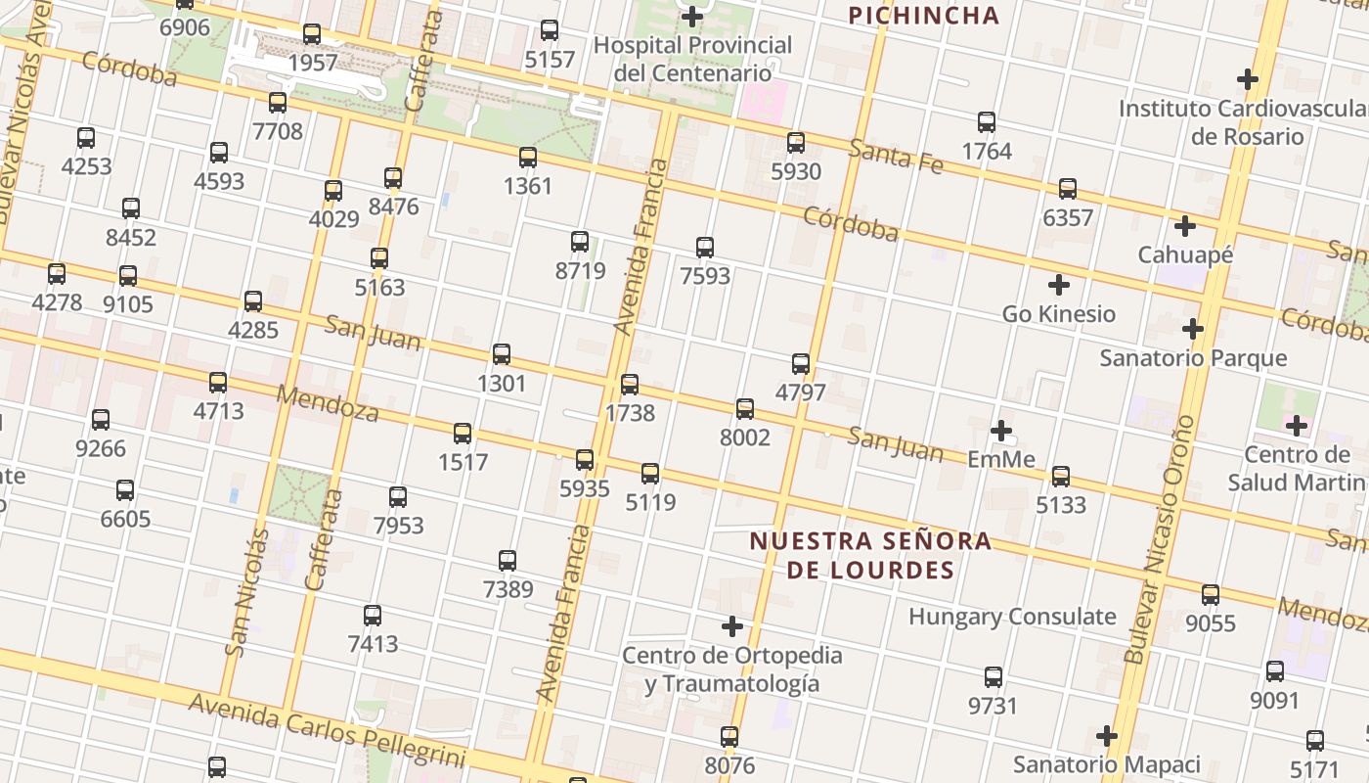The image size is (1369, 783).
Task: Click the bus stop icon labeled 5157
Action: click(550, 30)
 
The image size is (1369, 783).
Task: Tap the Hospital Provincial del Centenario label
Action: click(692, 59)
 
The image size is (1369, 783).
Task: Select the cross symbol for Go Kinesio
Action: click(1058, 285)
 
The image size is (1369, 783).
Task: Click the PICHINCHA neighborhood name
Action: click(923, 16)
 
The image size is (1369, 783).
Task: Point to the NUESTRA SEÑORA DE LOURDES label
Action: click(870, 555)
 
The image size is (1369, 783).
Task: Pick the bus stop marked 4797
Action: click(801, 364)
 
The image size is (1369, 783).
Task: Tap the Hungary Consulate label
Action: click(1012, 617)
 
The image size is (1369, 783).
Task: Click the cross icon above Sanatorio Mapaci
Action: click(1106, 735)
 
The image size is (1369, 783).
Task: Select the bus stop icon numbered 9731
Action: click(994, 677)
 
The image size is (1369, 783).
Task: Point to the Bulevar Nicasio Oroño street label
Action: click(1161, 539)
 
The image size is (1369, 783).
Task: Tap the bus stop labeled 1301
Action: click(502, 354)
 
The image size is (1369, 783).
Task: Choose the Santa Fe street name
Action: click(895, 157)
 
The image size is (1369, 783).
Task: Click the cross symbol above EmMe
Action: click(1000, 430)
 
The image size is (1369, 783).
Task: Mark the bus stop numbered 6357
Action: click(1068, 189)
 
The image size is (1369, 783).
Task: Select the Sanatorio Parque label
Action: click(1193, 358)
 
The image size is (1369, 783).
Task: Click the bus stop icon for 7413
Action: click(373, 616)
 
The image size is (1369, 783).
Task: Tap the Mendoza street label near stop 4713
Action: click(328, 402)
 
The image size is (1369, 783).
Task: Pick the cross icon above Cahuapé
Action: click(1185, 226)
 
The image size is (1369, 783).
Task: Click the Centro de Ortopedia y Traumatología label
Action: click(731, 668)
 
